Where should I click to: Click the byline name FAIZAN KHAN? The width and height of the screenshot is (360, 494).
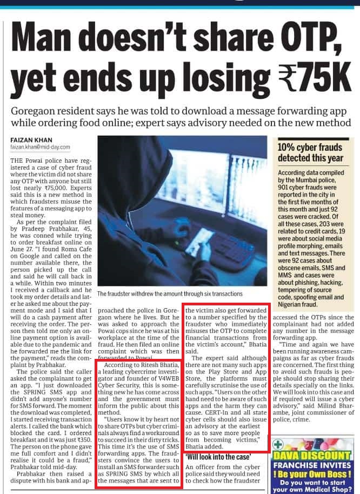[31, 139]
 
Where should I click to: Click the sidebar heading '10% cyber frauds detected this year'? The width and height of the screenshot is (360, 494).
[310, 152]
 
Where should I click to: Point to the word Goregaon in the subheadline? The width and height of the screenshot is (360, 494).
[36, 111]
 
